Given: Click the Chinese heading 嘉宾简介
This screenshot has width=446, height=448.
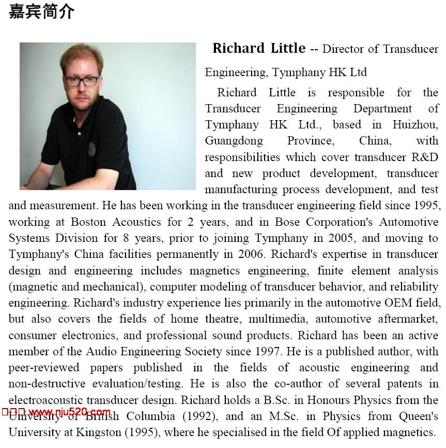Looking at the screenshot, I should [42, 12].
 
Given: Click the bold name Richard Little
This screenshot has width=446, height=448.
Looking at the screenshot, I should [259, 49].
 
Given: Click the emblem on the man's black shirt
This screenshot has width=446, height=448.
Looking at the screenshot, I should [92, 148].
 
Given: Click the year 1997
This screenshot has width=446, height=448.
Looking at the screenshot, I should [268, 351].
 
